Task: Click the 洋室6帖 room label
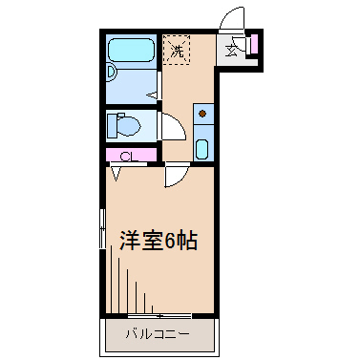pos(159,241)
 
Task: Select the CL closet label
pos(126,156)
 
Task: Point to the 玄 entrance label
pos(233,51)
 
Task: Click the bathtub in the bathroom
pos(131,53)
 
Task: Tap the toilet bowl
pos(131,126)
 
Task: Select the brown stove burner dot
pos(202,116)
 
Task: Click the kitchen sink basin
pos(202,147)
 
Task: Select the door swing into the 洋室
pos(177,175)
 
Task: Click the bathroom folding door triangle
pos(153,94)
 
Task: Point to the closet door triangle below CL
pos(116,172)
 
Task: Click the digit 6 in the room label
pos(170,241)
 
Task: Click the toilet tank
pos(114,125)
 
